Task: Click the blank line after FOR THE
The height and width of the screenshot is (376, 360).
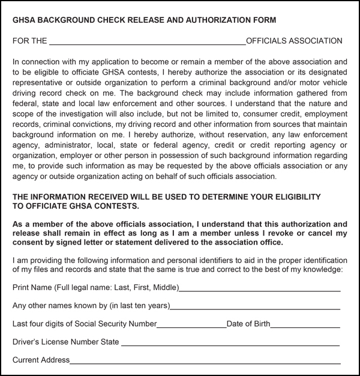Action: click(x=147, y=42)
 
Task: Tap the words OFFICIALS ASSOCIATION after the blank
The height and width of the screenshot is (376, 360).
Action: click(x=294, y=41)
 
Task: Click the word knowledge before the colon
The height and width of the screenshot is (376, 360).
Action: click(x=320, y=270)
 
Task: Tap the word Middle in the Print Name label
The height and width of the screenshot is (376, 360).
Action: click(x=162, y=288)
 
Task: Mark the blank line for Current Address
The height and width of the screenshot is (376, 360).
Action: click(x=205, y=362)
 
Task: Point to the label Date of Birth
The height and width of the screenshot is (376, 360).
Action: click(x=248, y=324)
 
